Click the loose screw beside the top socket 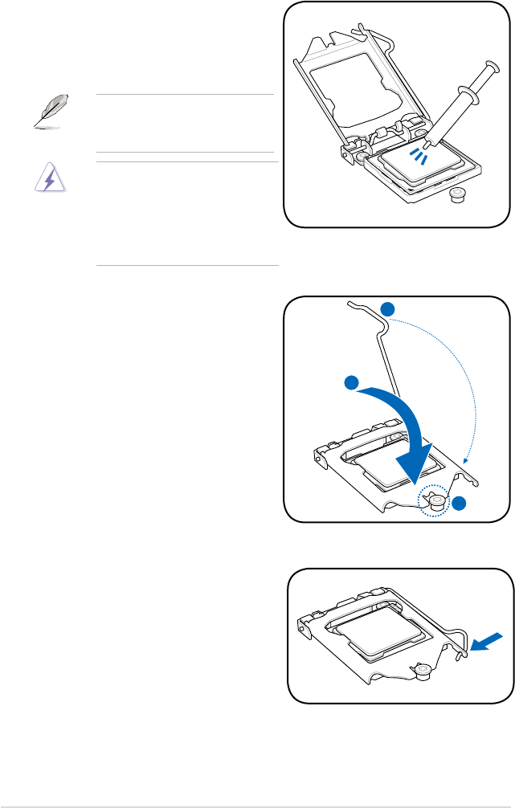[459, 194]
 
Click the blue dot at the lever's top [388, 309]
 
